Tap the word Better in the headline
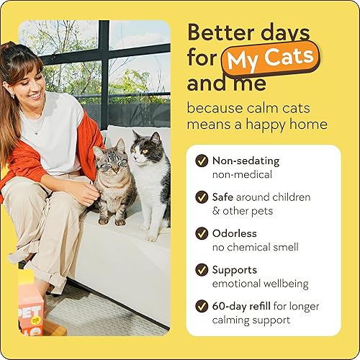coord(218,32)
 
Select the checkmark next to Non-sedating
coord(202,162)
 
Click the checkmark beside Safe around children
coord(202,197)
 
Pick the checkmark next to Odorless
coord(202,235)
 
